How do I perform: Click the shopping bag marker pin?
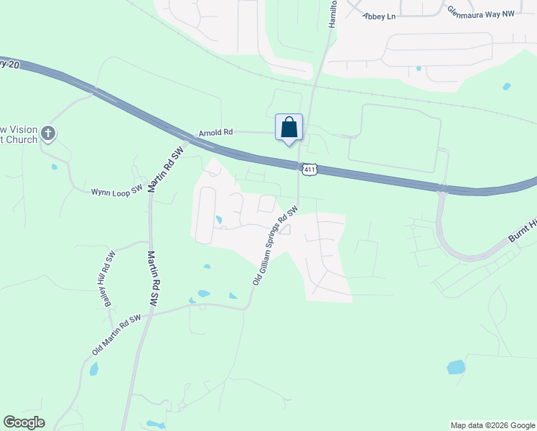pyautogui.click(x=289, y=128)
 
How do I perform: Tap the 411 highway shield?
pyautogui.click(x=309, y=170)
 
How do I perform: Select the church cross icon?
pyautogui.click(x=48, y=133)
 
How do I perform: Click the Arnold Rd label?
pyautogui.click(x=216, y=133)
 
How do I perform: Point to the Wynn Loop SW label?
pyautogui.click(x=117, y=192)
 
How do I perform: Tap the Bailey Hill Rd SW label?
pyautogui.click(x=108, y=279)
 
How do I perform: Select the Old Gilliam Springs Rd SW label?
pyautogui.click(x=275, y=246)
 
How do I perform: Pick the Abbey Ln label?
pyautogui.click(x=380, y=16)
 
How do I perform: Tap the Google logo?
pyautogui.click(x=24, y=422)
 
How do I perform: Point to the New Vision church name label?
pyautogui.click(x=19, y=134)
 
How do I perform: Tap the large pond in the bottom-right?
pyautogui.click(x=456, y=367)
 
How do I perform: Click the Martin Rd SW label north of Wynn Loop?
pyautogui.click(x=167, y=170)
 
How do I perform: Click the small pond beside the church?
pyautogui.click(x=55, y=167)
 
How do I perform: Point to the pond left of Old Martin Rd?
pyautogui.click(x=93, y=369)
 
